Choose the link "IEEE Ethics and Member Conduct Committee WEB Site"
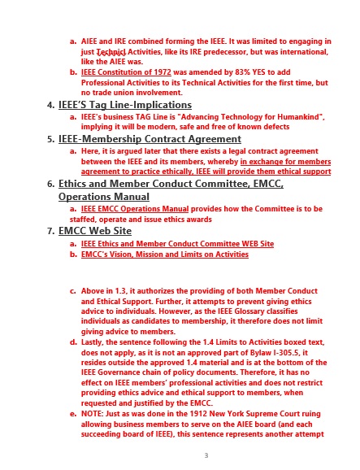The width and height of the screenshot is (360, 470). pyautogui.click(x=177, y=243)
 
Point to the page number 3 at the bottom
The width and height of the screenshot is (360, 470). pyautogui.click(x=206, y=455)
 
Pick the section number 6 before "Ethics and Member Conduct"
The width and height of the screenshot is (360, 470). pyautogui.click(x=50, y=185)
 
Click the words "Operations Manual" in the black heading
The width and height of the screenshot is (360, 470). pyautogui.click(x=104, y=197)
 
